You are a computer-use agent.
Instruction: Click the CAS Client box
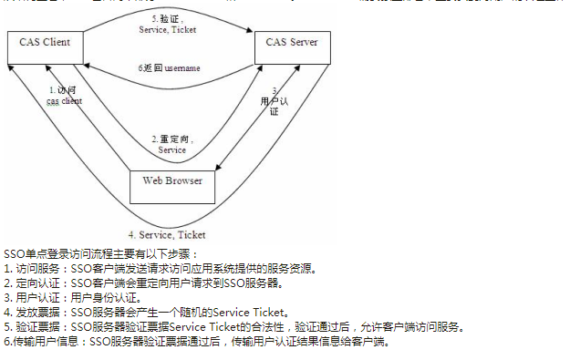(45, 43)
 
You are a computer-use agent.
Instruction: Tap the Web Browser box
(172, 180)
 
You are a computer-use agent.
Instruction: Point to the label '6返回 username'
(170, 68)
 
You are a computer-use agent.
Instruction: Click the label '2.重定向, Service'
(172, 144)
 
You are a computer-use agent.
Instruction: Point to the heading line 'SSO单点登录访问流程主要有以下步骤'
(100, 253)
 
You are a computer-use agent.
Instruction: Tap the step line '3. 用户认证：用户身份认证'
(73, 297)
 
